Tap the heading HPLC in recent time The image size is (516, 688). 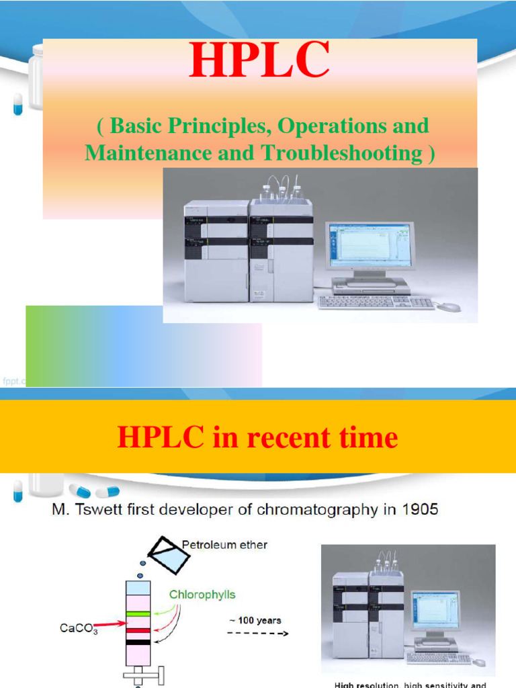pyautogui.click(x=257, y=437)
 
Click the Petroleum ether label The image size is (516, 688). pyautogui.click(x=224, y=544)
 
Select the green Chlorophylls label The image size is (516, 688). pyautogui.click(x=202, y=595)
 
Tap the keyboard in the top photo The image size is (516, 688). pyautogui.click(x=376, y=303)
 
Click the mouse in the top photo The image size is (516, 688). pyautogui.click(x=449, y=306)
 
